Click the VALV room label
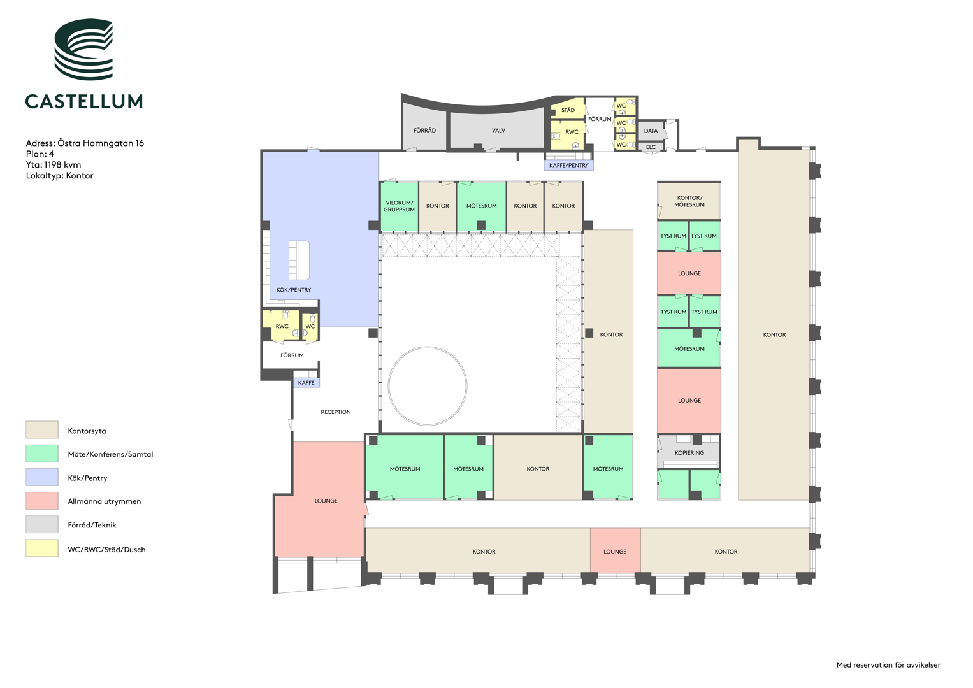click(498, 131)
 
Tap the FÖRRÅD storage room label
click(424, 131)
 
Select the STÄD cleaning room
click(567, 110)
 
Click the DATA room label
click(651, 131)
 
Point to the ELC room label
click(651, 147)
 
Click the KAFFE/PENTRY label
click(568, 166)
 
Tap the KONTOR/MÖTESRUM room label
click(689, 201)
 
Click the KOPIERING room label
click(689, 452)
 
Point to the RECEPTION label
click(336, 412)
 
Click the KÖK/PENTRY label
click(294, 290)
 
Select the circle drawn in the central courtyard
click(428, 347)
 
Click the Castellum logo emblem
click(83, 49)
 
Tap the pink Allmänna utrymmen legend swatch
click(41, 501)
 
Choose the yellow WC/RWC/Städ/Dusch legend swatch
click(41, 548)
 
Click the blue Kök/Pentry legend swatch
click(41, 477)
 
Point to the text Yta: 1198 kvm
click(54, 164)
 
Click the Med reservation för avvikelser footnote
click(888, 665)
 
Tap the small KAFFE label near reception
click(306, 383)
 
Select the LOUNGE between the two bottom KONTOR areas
click(615, 550)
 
